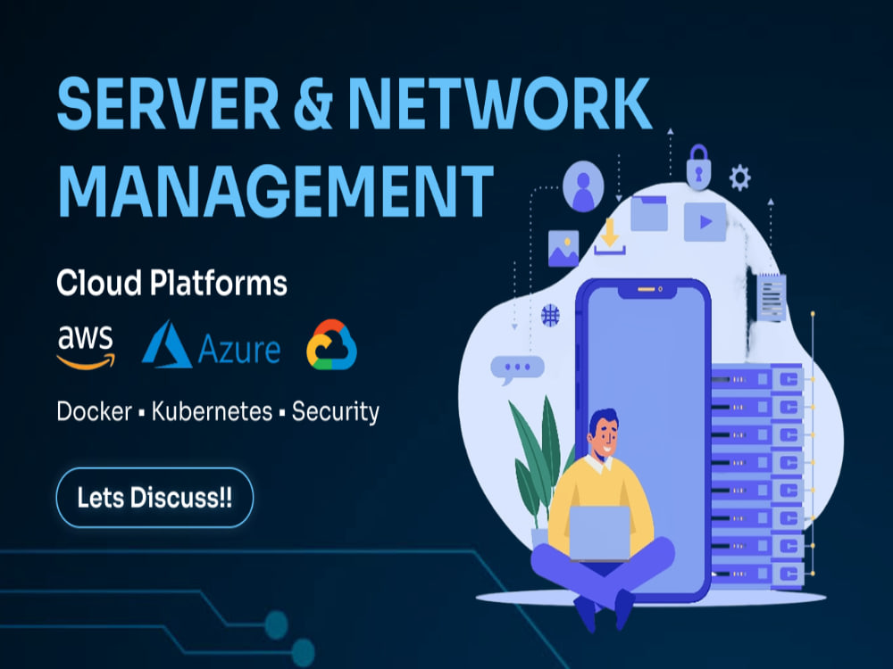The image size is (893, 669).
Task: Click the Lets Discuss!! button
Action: (x=154, y=497)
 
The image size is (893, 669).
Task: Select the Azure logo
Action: (x=211, y=344)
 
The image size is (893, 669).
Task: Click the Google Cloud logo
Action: (x=331, y=344)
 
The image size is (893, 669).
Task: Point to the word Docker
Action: (x=95, y=411)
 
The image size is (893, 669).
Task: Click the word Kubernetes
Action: (x=212, y=411)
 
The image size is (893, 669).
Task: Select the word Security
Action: (x=336, y=412)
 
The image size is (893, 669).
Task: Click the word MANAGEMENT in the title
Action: (x=276, y=191)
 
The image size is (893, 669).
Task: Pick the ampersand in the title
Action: (x=313, y=104)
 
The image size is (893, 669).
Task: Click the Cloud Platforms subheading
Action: (x=172, y=283)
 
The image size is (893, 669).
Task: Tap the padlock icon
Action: (x=698, y=167)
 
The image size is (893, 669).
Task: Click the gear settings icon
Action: (x=739, y=178)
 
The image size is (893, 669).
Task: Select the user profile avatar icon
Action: (x=583, y=186)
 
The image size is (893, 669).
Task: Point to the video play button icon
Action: (x=705, y=221)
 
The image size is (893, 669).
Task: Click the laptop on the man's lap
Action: (x=600, y=533)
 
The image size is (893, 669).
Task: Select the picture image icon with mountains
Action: (x=563, y=249)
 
